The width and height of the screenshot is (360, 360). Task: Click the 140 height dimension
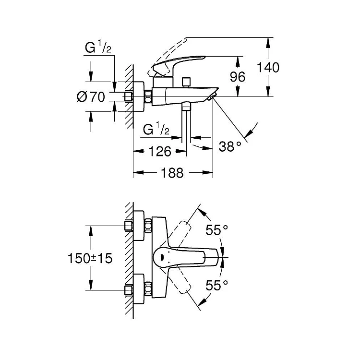[267, 67]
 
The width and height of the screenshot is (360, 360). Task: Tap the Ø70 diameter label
[91, 97]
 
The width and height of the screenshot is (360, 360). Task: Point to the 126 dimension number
[159, 152]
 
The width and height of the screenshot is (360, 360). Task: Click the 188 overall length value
[172, 173]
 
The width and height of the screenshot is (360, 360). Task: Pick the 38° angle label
[231, 145]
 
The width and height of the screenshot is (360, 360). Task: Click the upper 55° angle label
[217, 230]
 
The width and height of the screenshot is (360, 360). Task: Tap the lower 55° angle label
[217, 286]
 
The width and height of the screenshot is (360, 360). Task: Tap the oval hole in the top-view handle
[161, 257]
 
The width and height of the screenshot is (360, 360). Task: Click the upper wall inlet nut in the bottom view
[129, 226]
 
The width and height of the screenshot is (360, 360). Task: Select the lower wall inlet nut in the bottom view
[129, 290]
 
